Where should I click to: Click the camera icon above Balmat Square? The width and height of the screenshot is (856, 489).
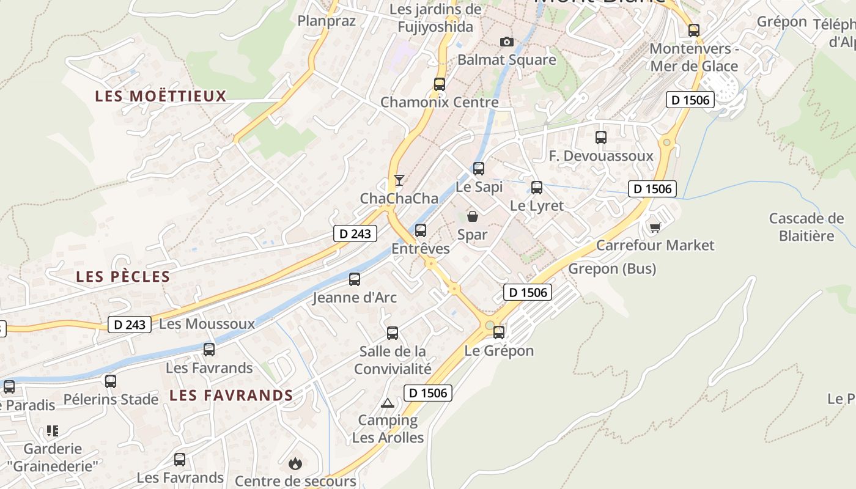point(506,42)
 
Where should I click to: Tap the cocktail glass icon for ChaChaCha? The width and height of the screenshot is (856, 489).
point(399,180)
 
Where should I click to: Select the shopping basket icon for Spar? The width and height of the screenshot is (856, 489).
point(473,216)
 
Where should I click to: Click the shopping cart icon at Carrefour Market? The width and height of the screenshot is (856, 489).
point(655,227)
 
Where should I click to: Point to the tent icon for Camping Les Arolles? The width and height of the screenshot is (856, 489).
point(387,403)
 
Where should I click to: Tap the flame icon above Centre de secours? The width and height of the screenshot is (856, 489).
point(295,463)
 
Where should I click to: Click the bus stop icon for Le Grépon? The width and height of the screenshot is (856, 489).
point(499,333)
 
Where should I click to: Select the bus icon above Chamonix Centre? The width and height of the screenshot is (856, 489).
point(440,84)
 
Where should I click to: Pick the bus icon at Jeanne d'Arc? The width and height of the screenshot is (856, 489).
point(355,279)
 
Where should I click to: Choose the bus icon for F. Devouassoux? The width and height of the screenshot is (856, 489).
point(601,138)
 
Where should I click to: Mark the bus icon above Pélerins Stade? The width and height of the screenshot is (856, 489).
point(111,381)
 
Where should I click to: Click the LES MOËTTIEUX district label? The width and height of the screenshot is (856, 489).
point(161,96)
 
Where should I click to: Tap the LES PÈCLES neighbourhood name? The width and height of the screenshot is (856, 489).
point(123,276)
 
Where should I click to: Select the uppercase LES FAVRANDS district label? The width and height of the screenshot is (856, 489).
point(231,395)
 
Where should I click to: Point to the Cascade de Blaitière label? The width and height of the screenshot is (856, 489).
point(806,227)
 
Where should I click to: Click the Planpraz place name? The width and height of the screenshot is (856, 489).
point(327,21)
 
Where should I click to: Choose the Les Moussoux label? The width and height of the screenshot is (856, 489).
point(207,324)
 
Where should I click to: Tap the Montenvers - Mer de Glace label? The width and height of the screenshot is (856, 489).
point(694,57)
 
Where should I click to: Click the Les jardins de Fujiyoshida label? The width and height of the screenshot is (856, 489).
point(435,18)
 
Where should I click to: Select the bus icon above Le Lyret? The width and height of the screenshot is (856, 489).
point(537,188)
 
